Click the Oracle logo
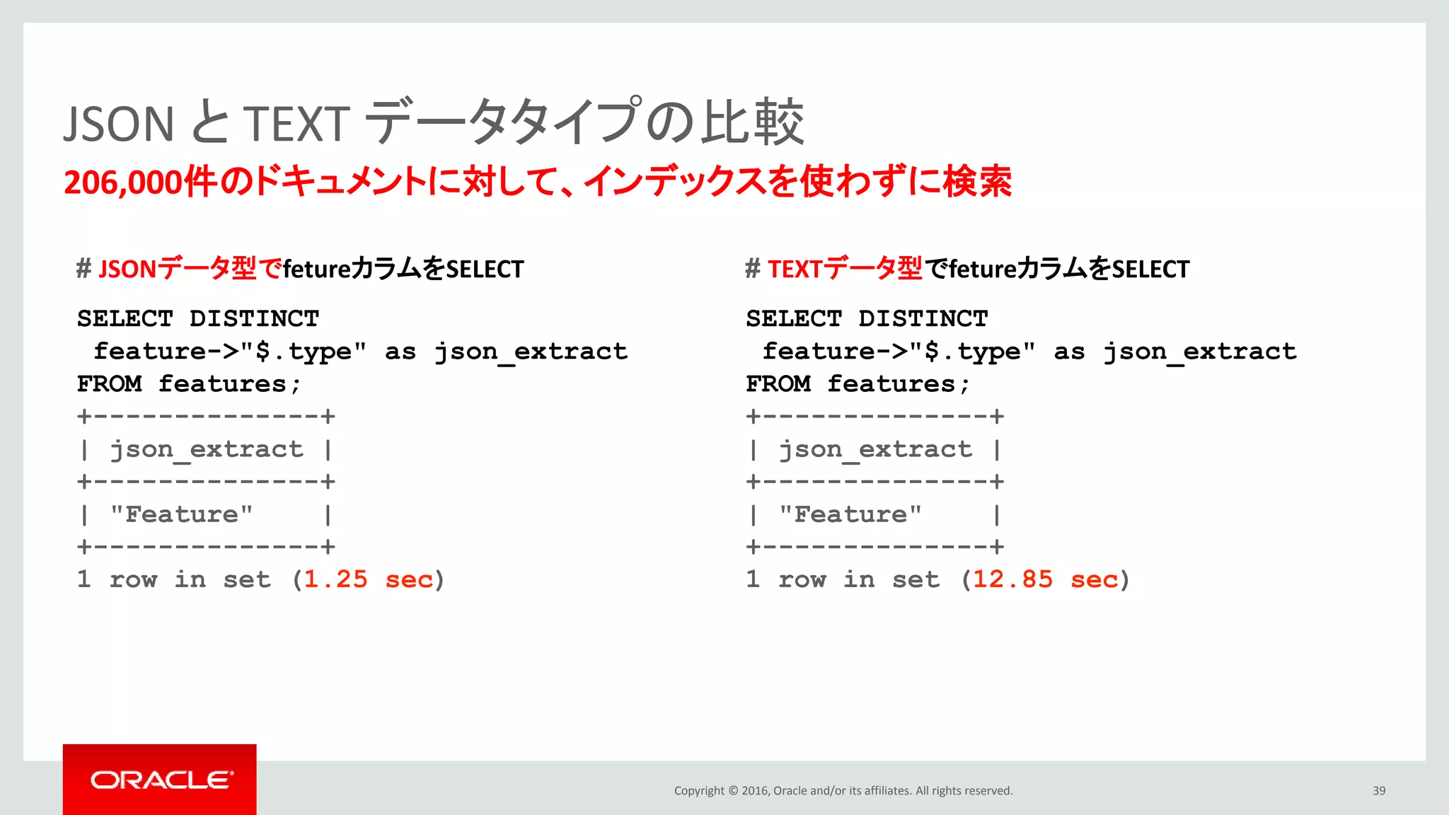[161, 780]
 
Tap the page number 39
[1379, 791]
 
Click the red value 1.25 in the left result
[335, 579]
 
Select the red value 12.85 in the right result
[1012, 579]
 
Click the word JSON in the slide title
[119, 124]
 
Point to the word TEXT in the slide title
[296, 124]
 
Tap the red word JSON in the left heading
[127, 270]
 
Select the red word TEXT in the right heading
[795, 270]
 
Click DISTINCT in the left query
[254, 319]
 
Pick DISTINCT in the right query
[923, 319]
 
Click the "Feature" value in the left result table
[181, 514]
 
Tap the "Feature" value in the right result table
[850, 514]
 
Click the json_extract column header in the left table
[206, 449]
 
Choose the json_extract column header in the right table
[875, 449]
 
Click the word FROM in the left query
[109, 384]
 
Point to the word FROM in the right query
[778, 384]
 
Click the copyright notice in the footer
[843, 791]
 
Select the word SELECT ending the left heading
[485, 270]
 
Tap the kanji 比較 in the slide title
[752, 122]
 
